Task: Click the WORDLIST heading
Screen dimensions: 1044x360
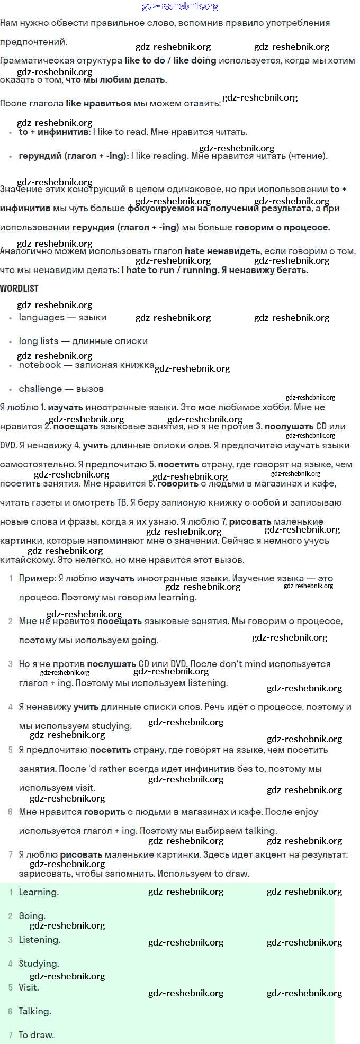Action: [x=19, y=289]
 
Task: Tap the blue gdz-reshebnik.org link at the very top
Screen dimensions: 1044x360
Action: [x=180, y=6]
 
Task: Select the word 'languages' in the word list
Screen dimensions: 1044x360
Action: [x=41, y=318]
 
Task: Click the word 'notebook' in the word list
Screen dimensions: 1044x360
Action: [x=40, y=365]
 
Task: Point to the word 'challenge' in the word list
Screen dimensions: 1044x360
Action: [x=40, y=389]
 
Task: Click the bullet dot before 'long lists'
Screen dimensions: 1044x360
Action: [x=11, y=342]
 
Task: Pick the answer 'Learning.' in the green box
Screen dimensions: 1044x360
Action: [x=39, y=893]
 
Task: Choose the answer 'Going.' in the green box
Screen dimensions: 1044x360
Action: [x=32, y=916]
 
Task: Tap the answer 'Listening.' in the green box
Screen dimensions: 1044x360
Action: [x=39, y=940]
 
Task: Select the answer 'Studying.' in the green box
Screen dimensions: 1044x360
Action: [x=39, y=964]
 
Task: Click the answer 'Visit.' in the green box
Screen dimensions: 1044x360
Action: [x=29, y=988]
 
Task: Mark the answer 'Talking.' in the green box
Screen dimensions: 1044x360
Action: [x=35, y=1012]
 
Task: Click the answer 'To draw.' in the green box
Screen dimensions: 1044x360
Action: [x=36, y=1036]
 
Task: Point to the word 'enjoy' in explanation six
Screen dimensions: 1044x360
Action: [x=306, y=812]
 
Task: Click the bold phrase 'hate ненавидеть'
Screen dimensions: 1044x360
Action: [x=222, y=251]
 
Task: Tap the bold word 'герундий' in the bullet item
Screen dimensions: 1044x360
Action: [x=40, y=156]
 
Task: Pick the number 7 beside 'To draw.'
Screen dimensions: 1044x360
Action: [x=11, y=1036]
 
